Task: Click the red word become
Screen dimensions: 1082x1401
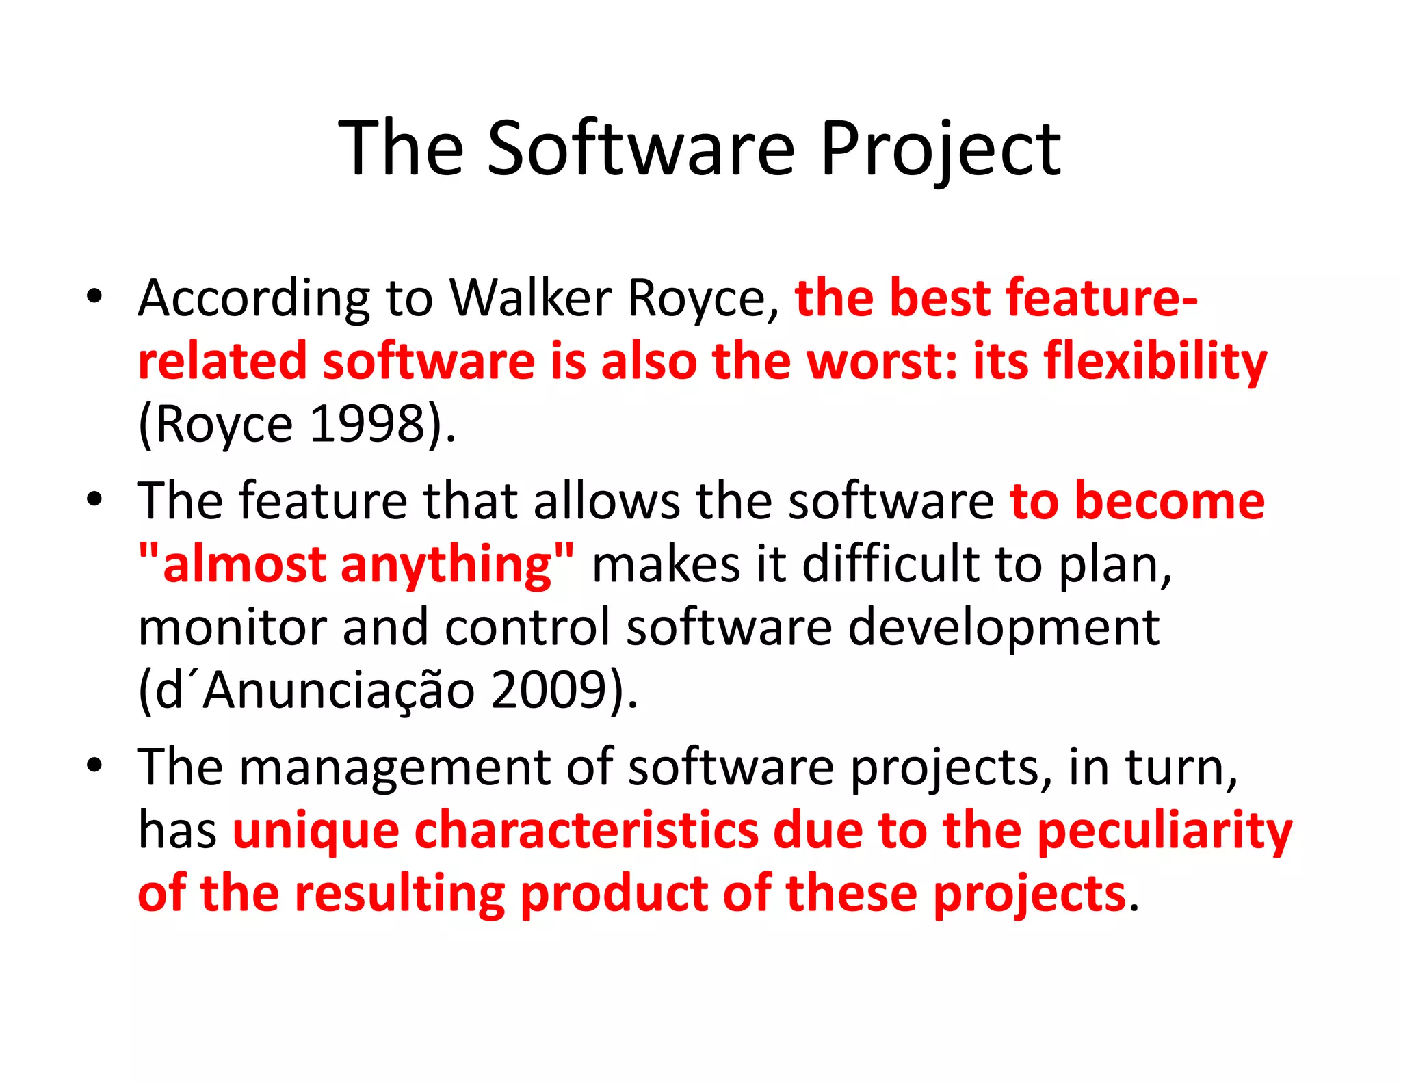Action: [x=1169, y=501]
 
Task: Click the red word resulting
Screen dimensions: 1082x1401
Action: [x=400, y=893]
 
